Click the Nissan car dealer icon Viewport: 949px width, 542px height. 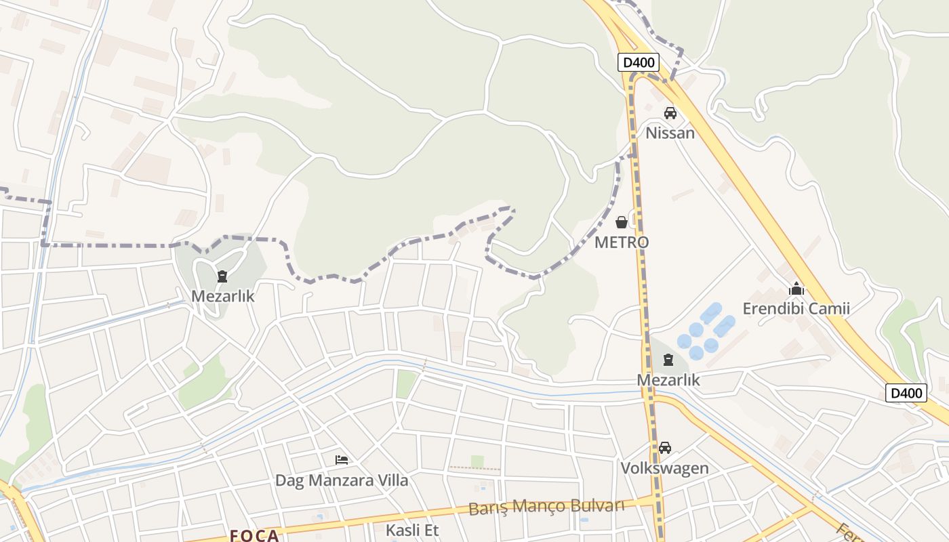(670, 113)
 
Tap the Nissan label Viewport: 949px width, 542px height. (670, 133)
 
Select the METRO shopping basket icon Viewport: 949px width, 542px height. (621, 222)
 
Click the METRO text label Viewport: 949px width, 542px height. (622, 242)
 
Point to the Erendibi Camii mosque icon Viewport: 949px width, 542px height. (796, 289)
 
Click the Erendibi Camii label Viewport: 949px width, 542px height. (796, 309)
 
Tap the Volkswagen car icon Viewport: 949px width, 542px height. (665, 448)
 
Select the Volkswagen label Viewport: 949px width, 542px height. (665, 468)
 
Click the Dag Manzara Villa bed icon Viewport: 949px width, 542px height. (342, 460)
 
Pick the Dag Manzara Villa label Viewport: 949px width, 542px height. (342, 480)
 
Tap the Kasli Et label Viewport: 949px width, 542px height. (412, 530)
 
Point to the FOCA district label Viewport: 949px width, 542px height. (254, 535)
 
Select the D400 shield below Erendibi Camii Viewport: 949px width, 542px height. (906, 393)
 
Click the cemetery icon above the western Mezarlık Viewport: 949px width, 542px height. (222, 276)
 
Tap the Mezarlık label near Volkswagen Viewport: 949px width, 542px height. (668, 380)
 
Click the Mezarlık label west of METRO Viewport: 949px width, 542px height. (223, 296)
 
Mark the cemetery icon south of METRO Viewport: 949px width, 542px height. (668, 360)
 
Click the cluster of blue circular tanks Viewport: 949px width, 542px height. (705, 333)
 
